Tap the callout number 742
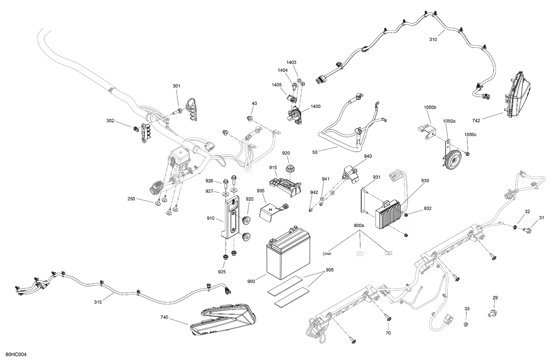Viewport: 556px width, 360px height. (476, 121)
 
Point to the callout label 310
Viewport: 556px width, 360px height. (433, 40)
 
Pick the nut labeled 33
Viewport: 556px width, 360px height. (467, 324)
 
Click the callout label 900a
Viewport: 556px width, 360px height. (359, 225)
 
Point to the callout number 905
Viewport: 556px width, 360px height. (330, 270)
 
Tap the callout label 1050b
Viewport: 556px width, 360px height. (430, 108)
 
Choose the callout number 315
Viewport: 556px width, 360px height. (97, 302)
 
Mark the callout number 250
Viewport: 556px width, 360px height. (131, 199)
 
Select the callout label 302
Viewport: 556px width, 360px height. (110, 121)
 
